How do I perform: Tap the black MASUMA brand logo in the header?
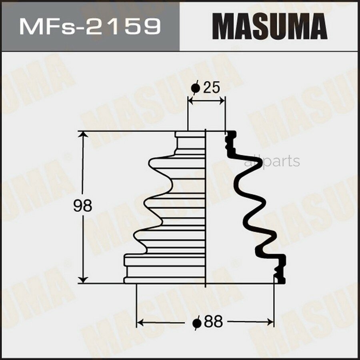(x=270, y=26)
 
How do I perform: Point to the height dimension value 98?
(x=83, y=206)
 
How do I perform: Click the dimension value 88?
(x=212, y=322)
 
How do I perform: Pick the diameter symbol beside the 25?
(x=195, y=88)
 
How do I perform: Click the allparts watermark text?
(x=272, y=161)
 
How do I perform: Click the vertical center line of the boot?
(x=205, y=208)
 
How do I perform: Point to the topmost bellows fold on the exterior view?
(x=176, y=165)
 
